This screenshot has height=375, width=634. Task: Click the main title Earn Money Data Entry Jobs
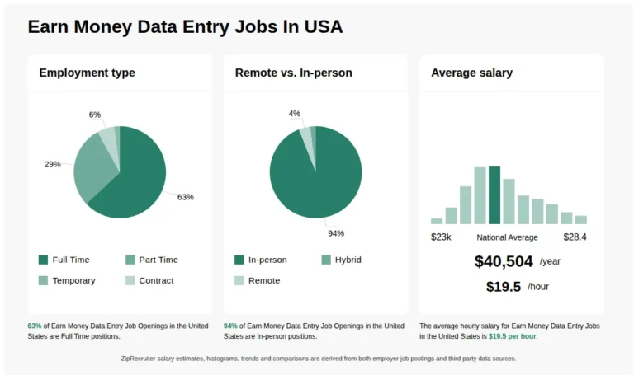pos(185,26)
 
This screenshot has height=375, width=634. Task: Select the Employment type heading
pos(87,73)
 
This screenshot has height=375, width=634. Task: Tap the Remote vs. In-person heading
pos(293,73)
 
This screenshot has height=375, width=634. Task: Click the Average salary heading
pos(471,73)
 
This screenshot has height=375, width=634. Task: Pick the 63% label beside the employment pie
pos(185,197)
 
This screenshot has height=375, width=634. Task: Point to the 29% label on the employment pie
pos(52,164)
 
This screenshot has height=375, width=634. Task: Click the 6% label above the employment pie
pos(95,115)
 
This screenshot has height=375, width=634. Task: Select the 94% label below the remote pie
pos(335,233)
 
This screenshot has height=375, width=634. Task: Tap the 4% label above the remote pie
pos(294,114)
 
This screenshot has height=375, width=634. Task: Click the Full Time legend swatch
pos(44,260)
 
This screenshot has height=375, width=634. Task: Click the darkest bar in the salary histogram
pos(494,195)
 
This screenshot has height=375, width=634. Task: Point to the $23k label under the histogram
pos(441,237)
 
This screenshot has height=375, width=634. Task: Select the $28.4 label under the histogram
pos(575,237)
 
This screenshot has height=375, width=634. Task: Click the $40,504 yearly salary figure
pos(504,261)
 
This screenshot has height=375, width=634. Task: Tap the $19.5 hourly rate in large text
pos(504,287)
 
